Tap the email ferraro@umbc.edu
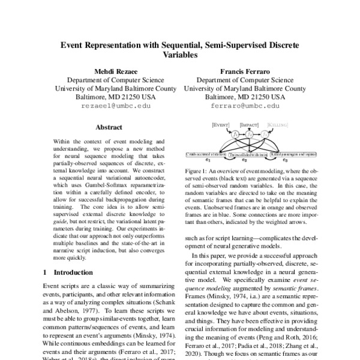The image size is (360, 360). [x=245, y=105]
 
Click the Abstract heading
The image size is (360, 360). [x=109, y=127]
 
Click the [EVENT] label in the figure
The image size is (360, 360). [x=221, y=124]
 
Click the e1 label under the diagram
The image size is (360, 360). [x=207, y=160]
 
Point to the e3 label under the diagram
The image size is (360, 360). [x=285, y=160]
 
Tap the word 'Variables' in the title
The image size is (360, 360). [x=179, y=53]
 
